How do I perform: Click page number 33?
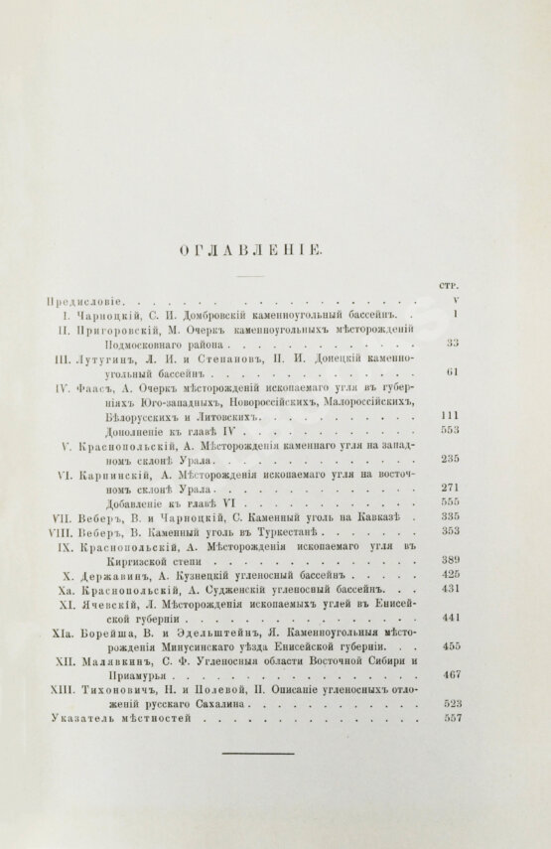[x=451, y=343]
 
